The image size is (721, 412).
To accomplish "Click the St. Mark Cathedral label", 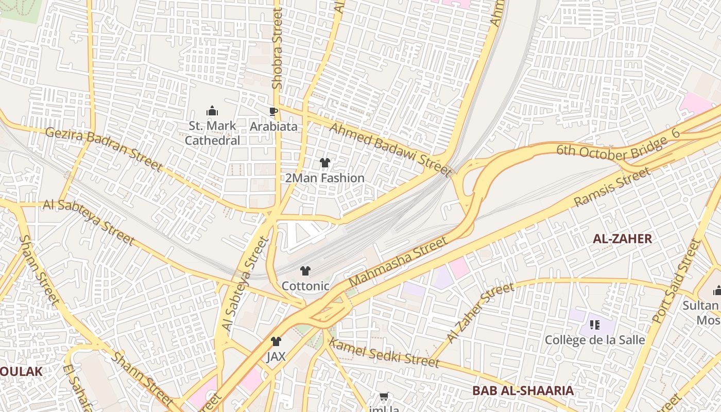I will (x=212, y=133).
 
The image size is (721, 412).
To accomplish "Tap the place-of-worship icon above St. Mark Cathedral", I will (x=212, y=111).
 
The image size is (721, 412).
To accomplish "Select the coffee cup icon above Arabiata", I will (x=273, y=111).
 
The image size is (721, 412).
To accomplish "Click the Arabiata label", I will (x=273, y=126).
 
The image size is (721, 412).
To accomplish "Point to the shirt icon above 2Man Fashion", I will (x=325, y=163).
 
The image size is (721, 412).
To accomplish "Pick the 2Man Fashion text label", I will (x=325, y=178).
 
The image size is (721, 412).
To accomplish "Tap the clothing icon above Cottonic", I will (x=305, y=271).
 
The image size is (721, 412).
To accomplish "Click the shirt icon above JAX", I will (x=276, y=341).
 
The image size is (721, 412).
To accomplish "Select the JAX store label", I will (x=276, y=356).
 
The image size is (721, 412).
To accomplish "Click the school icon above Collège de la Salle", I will (x=595, y=325).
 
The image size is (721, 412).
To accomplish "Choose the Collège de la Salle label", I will (x=595, y=340).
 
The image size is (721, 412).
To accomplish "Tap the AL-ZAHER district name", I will (x=622, y=238).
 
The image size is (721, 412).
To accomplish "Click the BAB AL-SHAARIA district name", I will (x=523, y=390).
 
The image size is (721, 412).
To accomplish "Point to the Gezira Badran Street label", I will (x=104, y=148).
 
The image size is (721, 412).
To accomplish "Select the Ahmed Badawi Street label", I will (x=390, y=149).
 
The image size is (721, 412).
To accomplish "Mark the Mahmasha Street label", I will (x=398, y=263).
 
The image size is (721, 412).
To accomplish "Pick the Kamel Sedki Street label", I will (x=384, y=353).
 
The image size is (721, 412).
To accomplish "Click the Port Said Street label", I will (x=677, y=281).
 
